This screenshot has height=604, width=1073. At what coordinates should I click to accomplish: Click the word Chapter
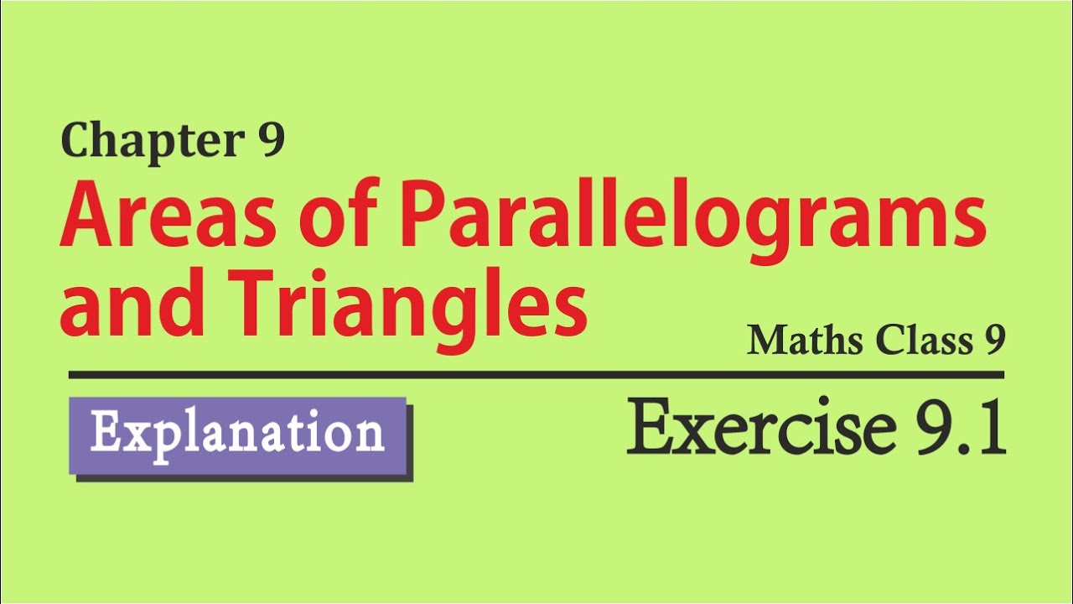(153, 142)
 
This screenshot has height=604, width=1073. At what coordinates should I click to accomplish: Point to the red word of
(340, 212)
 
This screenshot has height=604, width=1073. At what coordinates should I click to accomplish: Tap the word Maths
(806, 341)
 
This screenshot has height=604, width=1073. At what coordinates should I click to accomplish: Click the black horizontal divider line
(536, 375)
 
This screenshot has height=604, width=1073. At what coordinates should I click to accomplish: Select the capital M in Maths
(767, 341)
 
